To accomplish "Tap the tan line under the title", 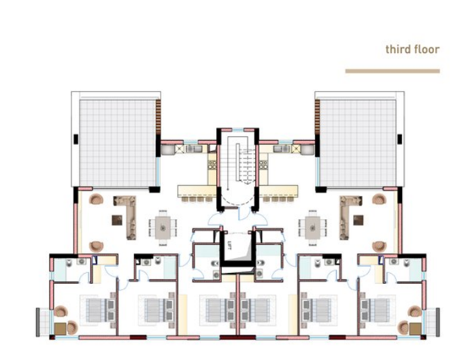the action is [392, 71].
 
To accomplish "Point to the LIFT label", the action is [229, 245].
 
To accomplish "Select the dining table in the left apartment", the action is [163, 228].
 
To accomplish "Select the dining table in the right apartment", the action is [312, 228].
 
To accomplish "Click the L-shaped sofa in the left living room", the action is [126, 216].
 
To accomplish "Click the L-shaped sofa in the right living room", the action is [350, 216].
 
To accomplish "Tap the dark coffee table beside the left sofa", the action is [117, 220].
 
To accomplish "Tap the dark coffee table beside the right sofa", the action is [358, 220].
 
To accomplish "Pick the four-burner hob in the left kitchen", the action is [212, 165].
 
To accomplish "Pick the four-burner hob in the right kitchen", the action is [263, 165].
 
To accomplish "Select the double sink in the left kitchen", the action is [194, 148].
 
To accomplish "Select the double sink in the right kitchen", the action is [282, 148].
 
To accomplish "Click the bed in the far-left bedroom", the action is [98, 310].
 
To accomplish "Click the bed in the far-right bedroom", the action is [378, 310].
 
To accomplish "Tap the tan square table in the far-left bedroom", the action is [60, 329].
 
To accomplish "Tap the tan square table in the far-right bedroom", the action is [415, 329].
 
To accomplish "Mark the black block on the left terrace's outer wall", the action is [76, 139].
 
